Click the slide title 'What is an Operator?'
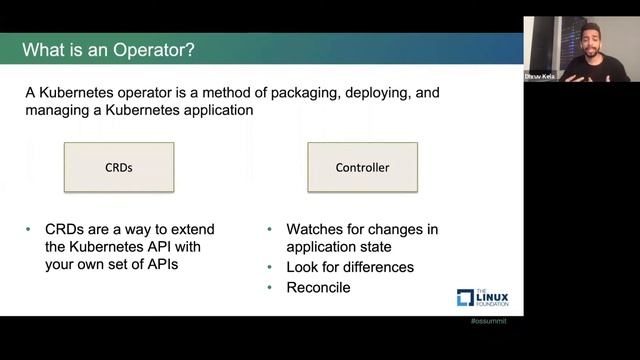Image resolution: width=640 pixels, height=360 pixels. (109, 49)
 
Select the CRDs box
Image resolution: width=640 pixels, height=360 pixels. (119, 167)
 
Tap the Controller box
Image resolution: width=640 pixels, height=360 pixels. (361, 167)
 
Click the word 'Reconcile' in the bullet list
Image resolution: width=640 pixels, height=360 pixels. (318, 287)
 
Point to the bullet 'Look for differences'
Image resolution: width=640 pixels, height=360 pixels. (349, 267)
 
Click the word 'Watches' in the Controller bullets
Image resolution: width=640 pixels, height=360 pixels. (316, 229)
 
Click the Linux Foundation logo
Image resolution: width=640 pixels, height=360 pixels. (483, 296)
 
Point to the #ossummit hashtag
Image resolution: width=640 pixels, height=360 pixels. (488, 323)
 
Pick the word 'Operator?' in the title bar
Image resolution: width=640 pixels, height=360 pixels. (160, 49)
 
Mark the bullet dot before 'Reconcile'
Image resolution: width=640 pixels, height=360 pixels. (271, 288)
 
